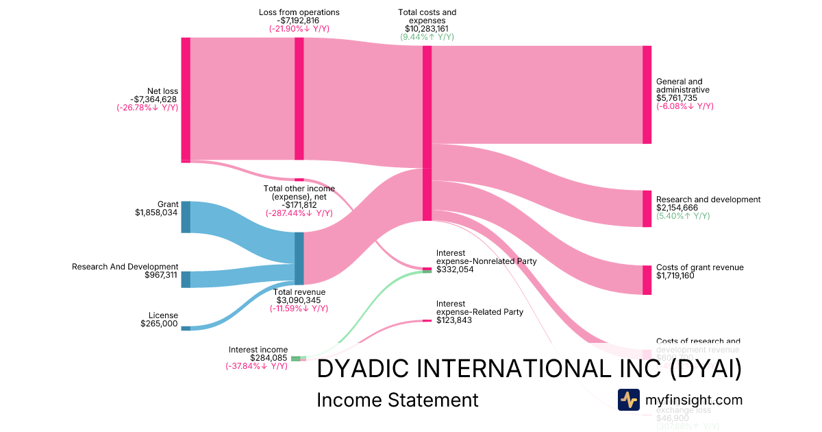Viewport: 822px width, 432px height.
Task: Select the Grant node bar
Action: coord(186,217)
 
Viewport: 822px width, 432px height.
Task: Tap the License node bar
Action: coord(186,328)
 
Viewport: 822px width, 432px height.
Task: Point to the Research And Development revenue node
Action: coord(186,279)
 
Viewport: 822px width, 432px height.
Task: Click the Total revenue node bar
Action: coord(299,259)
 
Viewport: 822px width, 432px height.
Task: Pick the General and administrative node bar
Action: coord(647,95)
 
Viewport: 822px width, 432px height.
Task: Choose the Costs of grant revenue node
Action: coord(647,280)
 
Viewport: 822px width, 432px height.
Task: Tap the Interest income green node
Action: coord(296,358)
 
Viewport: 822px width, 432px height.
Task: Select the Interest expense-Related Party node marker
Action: coord(427,321)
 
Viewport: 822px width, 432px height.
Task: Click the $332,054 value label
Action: coord(454,269)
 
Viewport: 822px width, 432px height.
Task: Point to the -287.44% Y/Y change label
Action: coord(299,213)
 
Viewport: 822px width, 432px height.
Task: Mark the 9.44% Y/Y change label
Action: coord(427,37)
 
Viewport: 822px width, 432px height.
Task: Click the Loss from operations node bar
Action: coord(299,99)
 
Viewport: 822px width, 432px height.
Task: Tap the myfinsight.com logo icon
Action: coord(628,400)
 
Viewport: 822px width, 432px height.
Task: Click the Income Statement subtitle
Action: coord(397,400)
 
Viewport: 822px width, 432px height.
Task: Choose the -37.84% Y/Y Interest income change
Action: coord(256,366)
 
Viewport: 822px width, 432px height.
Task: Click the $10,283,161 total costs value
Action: coord(427,29)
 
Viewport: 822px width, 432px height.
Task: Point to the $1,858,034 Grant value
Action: coord(157,213)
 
